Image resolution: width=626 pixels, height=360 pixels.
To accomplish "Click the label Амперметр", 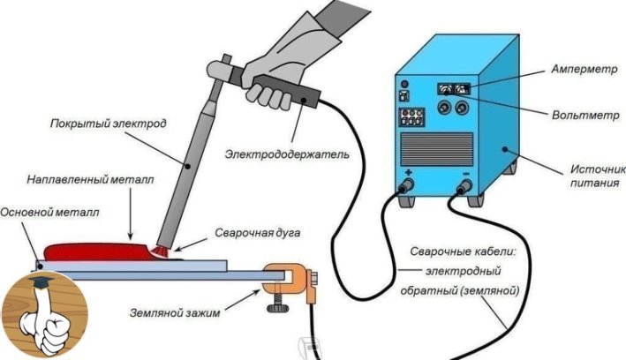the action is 585,69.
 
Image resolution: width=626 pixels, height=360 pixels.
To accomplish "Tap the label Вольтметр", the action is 585,116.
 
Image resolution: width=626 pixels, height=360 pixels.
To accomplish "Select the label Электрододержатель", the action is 287,154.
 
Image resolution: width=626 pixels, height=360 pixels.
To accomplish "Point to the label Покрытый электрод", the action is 109,124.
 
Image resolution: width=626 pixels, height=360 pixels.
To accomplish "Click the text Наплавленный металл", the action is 90,180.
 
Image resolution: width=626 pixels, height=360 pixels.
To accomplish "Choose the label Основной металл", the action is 49,212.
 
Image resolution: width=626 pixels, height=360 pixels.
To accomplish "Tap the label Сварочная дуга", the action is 258,233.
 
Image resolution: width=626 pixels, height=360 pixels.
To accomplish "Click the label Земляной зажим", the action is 175,312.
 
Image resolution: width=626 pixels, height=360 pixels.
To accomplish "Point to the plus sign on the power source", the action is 408,173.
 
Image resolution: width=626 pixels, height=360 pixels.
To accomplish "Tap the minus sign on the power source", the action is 465,174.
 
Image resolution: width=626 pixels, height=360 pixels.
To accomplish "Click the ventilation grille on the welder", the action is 436,149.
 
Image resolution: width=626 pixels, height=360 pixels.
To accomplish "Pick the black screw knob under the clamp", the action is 278,308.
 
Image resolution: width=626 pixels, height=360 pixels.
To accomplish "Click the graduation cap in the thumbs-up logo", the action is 41,281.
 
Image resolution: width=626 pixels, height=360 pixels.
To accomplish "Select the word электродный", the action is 464,272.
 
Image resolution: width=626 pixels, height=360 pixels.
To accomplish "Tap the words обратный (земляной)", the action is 459,290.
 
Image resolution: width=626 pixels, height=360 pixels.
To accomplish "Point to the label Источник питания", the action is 598,176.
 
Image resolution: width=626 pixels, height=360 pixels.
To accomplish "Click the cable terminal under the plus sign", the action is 407,185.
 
